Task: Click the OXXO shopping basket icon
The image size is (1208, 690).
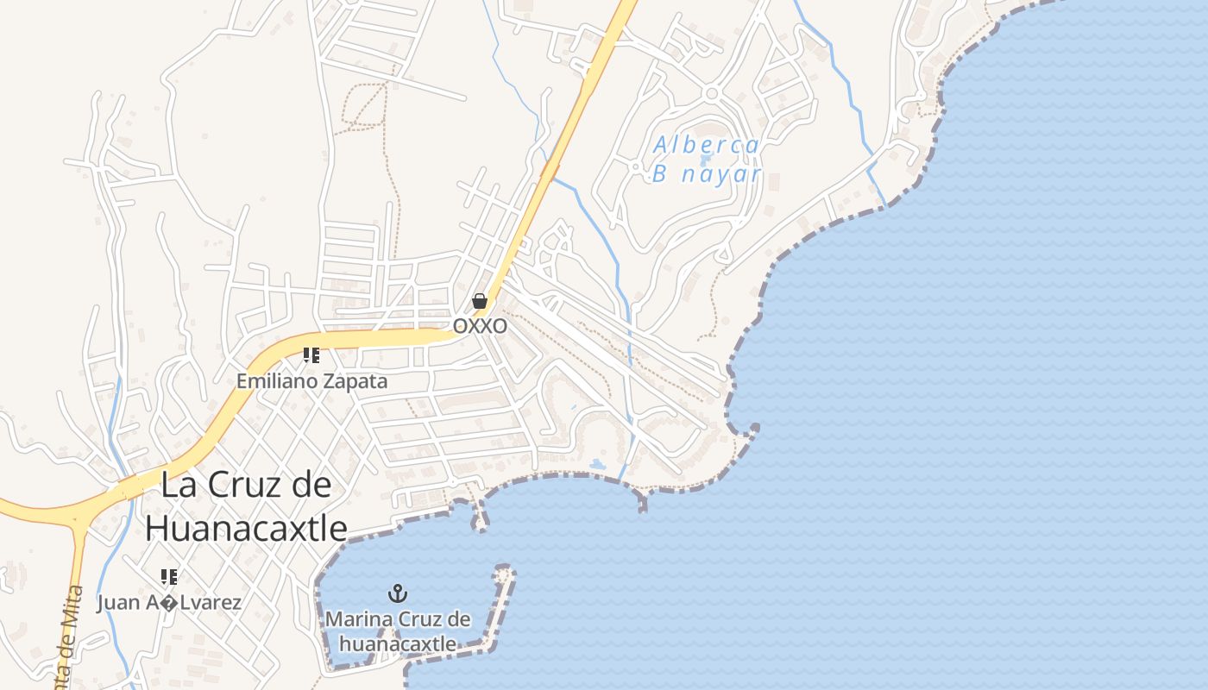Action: tap(480, 301)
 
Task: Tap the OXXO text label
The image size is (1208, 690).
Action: tap(480, 327)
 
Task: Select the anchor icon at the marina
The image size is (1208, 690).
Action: tap(398, 593)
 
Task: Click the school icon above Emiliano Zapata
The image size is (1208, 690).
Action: tap(311, 355)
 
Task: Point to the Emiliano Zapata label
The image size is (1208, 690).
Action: tap(312, 380)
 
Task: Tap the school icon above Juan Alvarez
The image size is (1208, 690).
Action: tap(169, 576)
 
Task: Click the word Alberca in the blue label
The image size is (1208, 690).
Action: tap(706, 145)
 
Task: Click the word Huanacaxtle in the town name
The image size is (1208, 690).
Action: tap(246, 528)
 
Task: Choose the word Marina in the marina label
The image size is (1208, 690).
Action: tap(358, 619)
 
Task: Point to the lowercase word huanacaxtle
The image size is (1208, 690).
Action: tap(398, 643)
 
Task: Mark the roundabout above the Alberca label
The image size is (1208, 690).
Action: tap(712, 93)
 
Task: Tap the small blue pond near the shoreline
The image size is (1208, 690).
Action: tap(598, 465)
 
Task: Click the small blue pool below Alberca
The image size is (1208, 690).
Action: tap(705, 160)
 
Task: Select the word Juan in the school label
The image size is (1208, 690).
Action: tap(118, 602)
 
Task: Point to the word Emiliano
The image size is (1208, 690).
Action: tap(278, 380)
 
